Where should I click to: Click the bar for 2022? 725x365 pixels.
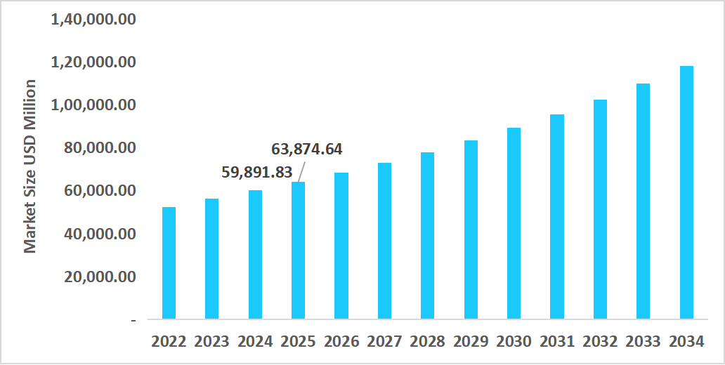[169, 263]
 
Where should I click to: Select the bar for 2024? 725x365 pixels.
[255, 255]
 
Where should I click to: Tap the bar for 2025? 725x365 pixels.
[298, 251]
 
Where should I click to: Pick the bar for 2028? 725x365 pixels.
[427, 236]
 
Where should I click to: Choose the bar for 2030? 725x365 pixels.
[514, 223]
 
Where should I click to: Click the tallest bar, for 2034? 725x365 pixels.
[686, 193]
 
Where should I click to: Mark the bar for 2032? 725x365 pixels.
[600, 209]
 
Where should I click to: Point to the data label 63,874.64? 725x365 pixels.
[307, 150]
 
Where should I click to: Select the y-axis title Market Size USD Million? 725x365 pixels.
[30, 166]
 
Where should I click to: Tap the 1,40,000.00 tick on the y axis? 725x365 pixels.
[93, 20]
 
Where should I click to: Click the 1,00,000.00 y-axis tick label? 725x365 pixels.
[93, 105]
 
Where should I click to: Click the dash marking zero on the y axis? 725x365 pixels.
[133, 320]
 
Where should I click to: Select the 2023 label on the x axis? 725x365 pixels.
[211, 342]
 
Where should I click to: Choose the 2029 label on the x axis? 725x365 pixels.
[470, 342]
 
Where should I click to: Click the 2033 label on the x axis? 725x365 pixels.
[643, 342]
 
